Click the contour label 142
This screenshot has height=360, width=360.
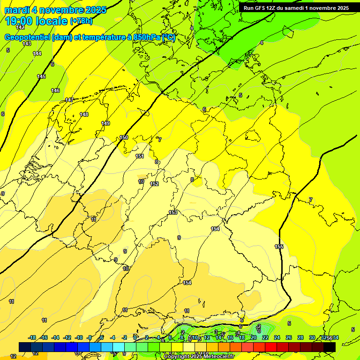click(20, 28)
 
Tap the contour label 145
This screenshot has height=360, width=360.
click(41, 76)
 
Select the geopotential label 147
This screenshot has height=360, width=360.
click(69, 100)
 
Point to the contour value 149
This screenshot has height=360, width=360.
click(105, 123)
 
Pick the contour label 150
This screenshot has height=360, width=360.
click(124, 137)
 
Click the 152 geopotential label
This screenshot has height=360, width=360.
click(154, 184)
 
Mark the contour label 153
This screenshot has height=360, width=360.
click(173, 212)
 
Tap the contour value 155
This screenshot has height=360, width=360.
click(279, 247)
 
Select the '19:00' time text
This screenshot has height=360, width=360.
click(20, 21)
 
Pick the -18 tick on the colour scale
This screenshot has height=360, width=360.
click(32, 337)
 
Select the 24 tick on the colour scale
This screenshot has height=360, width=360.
click(277, 337)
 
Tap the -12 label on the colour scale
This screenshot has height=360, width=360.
click(67, 337)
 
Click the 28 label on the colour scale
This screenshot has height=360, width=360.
click(300, 337)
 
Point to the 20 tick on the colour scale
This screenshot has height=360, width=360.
click(254, 337)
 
